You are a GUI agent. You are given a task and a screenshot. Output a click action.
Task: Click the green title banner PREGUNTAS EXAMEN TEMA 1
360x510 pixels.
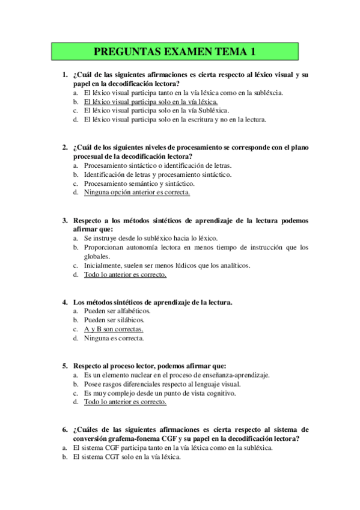pyautogui.click(x=180, y=52)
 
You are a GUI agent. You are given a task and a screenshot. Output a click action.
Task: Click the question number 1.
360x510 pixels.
pyautogui.click(x=64, y=75)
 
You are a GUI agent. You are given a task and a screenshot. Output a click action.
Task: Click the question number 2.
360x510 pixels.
pyautogui.click(x=64, y=147)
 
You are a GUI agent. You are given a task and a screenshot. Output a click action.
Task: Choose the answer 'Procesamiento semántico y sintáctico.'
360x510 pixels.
pyautogui.click(x=139, y=183)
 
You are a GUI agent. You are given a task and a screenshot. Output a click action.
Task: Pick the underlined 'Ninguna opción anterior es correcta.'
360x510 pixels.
pyautogui.click(x=137, y=192)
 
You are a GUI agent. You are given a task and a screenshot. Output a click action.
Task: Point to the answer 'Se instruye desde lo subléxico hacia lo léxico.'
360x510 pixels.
pyautogui.click(x=151, y=238)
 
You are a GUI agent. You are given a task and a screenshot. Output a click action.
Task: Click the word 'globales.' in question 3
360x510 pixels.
pyautogui.click(x=97, y=256)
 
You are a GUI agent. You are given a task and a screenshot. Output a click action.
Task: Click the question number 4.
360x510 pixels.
pyautogui.click(x=64, y=302)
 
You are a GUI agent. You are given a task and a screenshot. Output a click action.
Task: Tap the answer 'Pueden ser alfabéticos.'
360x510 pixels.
pyautogui.click(x=117, y=311)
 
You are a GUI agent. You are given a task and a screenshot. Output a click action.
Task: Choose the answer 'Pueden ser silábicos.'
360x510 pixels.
pyautogui.click(x=114, y=320)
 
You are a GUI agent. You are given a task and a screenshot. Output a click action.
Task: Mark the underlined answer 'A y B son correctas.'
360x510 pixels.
pyautogui.click(x=114, y=329)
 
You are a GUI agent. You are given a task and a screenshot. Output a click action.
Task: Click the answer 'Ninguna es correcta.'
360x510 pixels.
pyautogui.click(x=114, y=338)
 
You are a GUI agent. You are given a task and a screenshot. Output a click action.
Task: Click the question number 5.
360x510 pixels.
pyautogui.click(x=64, y=366)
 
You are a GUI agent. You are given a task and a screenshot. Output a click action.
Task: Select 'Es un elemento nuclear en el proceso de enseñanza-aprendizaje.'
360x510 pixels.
pyautogui.click(x=177, y=375)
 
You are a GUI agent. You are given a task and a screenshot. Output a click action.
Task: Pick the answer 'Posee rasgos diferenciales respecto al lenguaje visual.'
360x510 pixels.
pyautogui.click(x=162, y=384)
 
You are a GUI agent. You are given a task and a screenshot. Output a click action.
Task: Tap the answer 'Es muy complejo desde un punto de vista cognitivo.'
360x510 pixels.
pyautogui.click(x=160, y=393)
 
